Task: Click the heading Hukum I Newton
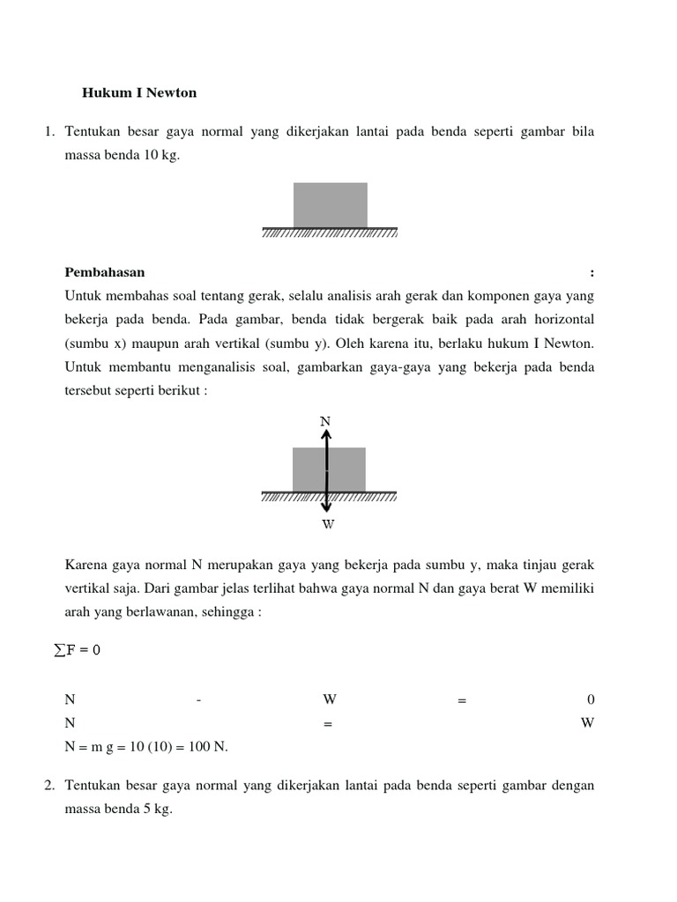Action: tap(139, 92)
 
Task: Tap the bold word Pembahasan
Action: tap(104, 272)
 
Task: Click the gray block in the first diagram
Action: tap(330, 204)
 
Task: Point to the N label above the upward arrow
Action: tap(325, 422)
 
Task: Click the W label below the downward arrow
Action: tap(328, 524)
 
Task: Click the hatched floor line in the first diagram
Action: tap(330, 233)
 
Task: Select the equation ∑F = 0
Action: tap(78, 650)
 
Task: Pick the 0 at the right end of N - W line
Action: tap(591, 700)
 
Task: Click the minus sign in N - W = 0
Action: tap(199, 700)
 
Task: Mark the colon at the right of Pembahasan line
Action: tap(591, 272)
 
